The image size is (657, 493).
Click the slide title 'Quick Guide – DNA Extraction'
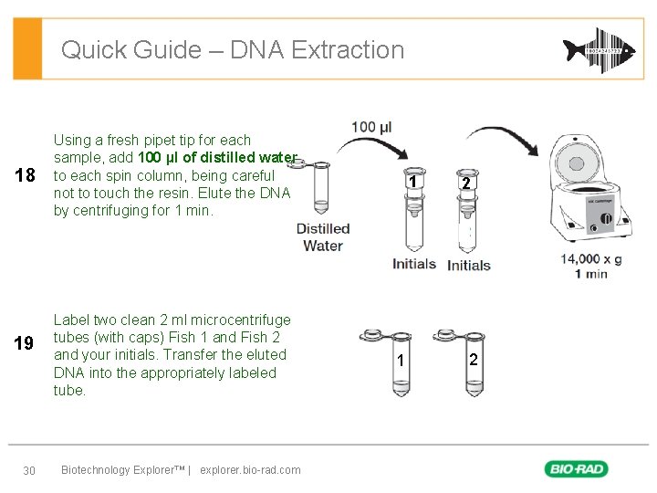click(x=232, y=49)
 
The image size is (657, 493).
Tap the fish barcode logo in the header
click(x=598, y=49)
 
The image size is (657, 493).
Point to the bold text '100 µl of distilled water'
click(x=217, y=158)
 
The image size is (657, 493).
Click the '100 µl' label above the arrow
click(x=371, y=127)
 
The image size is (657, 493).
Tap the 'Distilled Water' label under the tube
click(x=323, y=237)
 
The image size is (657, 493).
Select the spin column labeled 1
click(x=413, y=210)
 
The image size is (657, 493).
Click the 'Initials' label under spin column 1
click(x=414, y=264)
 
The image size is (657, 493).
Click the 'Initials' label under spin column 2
click(x=469, y=266)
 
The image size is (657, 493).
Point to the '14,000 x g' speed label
click(x=591, y=259)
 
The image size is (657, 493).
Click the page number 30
click(x=28, y=470)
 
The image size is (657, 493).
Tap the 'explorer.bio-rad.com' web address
click(x=250, y=470)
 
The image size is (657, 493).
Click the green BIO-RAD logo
click(x=577, y=469)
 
